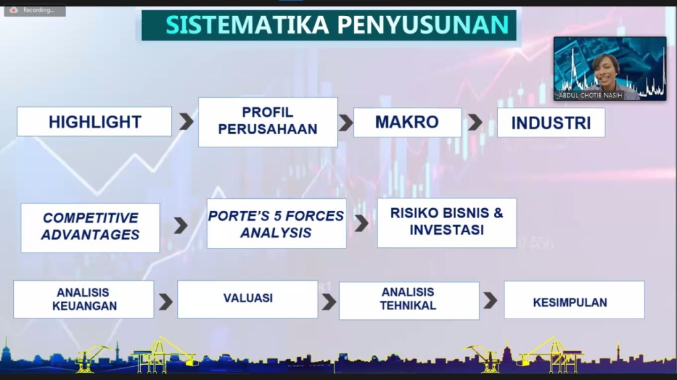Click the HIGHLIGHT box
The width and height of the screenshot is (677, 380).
[x=94, y=122]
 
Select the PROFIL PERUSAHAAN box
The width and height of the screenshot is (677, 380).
[x=268, y=122]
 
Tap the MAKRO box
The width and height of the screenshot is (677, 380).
[x=407, y=122]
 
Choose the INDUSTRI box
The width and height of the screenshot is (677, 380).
[x=551, y=123]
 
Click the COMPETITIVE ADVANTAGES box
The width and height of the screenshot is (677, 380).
[x=90, y=227]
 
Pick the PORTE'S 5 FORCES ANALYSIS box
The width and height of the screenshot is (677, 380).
[x=276, y=223]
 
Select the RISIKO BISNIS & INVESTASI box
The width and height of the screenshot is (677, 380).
[x=447, y=223]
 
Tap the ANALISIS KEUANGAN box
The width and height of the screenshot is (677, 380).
[x=84, y=299]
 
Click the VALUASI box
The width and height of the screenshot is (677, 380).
[x=248, y=299]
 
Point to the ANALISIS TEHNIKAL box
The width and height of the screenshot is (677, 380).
[x=409, y=301]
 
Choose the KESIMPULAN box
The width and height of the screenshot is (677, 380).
[x=575, y=300]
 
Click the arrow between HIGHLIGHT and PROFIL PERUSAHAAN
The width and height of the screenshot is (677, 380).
[x=186, y=122]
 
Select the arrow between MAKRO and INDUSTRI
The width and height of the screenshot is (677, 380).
[x=475, y=122]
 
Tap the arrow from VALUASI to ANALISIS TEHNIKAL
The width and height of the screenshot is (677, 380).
[x=329, y=302]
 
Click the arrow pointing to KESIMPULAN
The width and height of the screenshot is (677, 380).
[x=490, y=300]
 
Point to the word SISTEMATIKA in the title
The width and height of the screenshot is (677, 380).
[x=247, y=24]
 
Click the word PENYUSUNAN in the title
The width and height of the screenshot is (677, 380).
[x=423, y=24]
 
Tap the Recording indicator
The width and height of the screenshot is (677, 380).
[x=35, y=10]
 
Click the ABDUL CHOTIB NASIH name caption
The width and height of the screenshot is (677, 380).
[x=590, y=95]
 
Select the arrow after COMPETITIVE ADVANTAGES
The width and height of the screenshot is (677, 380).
[x=181, y=225]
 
